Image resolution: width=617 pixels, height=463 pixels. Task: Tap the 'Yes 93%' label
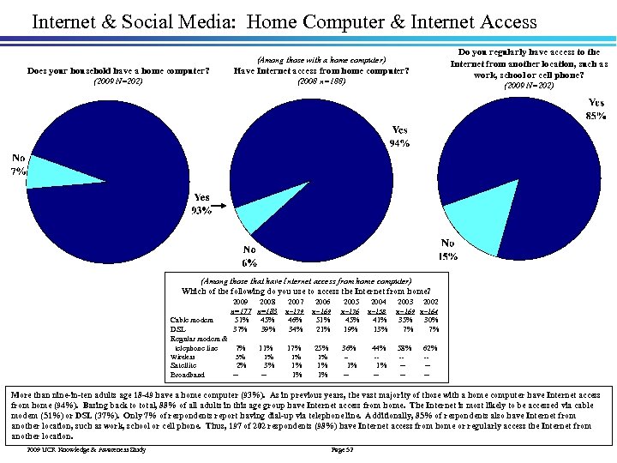[x=202, y=204]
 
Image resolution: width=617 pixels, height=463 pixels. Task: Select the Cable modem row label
[x=192, y=321]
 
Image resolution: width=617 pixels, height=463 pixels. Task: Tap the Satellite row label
[x=184, y=365]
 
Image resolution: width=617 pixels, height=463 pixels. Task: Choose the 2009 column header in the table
[x=240, y=303]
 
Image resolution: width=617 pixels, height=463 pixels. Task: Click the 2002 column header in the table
[x=432, y=303]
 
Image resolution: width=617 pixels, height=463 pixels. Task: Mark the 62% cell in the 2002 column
[x=430, y=348]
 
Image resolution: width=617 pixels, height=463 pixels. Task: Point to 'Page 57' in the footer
[x=342, y=449]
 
